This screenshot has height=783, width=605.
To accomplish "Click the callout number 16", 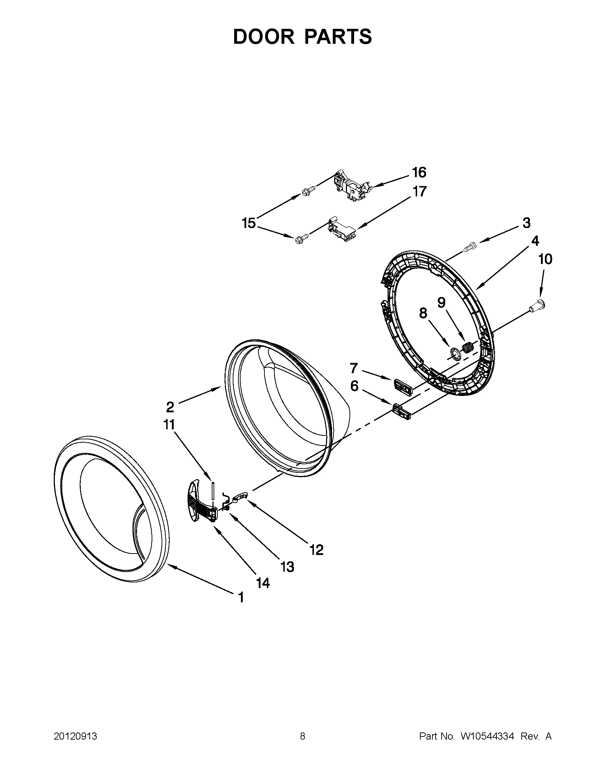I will (419, 173).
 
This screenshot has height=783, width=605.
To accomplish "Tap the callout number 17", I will (419, 191).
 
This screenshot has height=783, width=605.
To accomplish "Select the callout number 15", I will (248, 223).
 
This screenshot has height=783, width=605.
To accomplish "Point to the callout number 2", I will (170, 407).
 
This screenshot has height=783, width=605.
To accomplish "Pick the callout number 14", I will (263, 583).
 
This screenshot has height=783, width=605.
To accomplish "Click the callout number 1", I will (241, 597).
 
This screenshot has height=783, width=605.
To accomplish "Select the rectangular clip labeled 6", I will (402, 411).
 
